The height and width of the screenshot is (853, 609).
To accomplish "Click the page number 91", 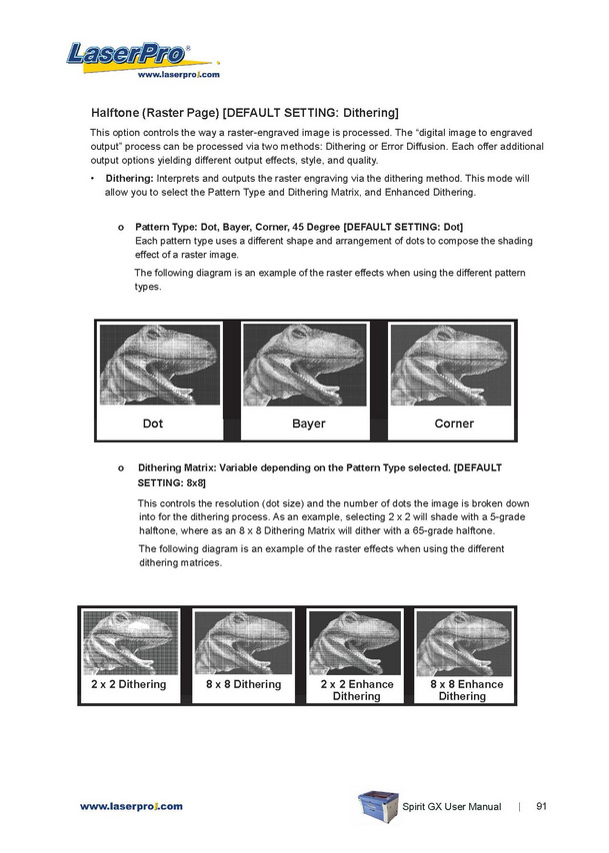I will pyautogui.click(x=541, y=806).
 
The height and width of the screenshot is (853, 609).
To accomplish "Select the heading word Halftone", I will pyautogui.click(x=118, y=112).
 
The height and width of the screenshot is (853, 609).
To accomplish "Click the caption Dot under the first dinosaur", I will pyautogui.click(x=152, y=424).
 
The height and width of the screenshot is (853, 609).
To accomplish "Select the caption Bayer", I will pyautogui.click(x=308, y=424).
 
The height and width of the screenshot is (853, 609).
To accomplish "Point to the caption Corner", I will pyautogui.click(x=454, y=424).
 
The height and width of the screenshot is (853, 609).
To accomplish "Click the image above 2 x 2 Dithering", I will pyautogui.click(x=130, y=643).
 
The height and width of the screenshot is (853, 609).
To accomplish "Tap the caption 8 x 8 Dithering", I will pyautogui.click(x=243, y=685).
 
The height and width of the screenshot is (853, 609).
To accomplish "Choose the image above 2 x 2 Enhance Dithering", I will pyautogui.click(x=356, y=643).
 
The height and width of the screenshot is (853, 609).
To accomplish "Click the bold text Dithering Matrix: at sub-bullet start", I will pyautogui.click(x=176, y=466).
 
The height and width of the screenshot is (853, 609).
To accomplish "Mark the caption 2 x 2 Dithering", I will pyautogui.click(x=129, y=685).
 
